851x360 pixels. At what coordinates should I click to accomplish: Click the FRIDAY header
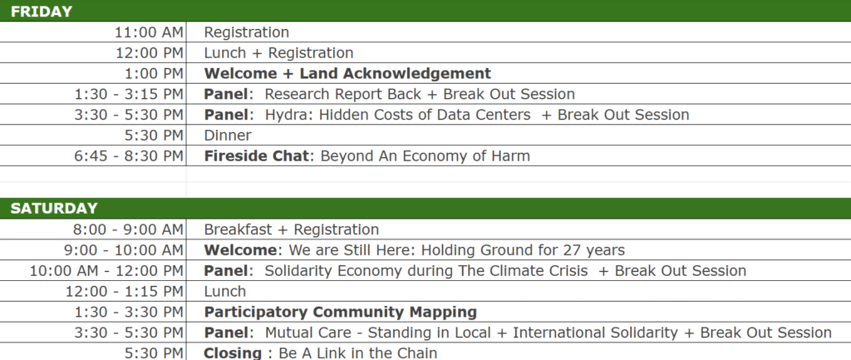[42, 12]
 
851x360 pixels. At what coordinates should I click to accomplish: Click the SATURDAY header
[54, 209]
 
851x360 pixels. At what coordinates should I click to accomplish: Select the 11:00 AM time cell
[150, 32]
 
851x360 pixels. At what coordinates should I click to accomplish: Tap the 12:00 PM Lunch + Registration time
[150, 53]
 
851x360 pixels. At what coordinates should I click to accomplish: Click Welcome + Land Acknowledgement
[347, 73]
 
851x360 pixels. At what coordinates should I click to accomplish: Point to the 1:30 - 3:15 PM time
[129, 95]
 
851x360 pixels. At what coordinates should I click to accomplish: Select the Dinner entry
[228, 136]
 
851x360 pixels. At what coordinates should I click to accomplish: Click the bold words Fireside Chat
[256, 156]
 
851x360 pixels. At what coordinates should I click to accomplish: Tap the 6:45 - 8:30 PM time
[129, 156]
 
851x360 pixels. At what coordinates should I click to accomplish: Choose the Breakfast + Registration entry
[292, 229]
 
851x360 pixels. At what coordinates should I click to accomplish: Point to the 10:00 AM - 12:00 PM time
[106, 271]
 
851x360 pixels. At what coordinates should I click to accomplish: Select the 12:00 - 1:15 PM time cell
[125, 292]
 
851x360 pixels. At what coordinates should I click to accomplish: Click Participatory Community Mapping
[340, 313]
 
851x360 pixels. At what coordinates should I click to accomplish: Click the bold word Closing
[233, 353]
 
